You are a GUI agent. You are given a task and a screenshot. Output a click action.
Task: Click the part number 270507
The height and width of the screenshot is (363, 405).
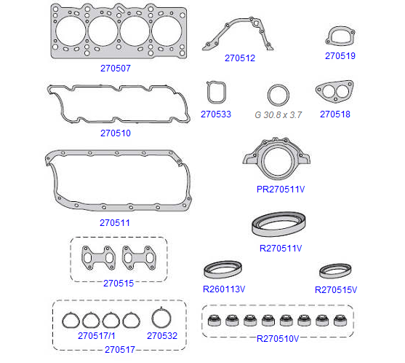tap(116, 69)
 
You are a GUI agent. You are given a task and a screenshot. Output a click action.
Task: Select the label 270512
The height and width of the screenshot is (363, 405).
tap(240, 58)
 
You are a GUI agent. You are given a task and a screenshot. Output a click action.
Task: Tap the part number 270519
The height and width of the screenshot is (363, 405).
tap(340, 56)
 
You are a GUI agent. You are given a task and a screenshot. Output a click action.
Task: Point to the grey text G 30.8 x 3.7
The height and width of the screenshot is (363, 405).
tap(278, 114)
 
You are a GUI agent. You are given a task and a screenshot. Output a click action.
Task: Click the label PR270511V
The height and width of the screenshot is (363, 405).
tap(281, 190)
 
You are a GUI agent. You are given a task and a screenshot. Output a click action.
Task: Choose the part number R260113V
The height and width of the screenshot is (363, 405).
tap(224, 289)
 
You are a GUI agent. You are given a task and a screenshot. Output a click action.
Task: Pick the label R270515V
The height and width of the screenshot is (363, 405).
tap(336, 290)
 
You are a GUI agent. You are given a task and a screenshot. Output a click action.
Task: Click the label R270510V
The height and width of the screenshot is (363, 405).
tap(278, 339)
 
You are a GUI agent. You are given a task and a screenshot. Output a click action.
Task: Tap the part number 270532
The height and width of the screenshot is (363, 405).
tap(162, 336)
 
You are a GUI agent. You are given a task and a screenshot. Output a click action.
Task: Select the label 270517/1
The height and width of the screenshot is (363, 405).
tap(97, 336)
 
